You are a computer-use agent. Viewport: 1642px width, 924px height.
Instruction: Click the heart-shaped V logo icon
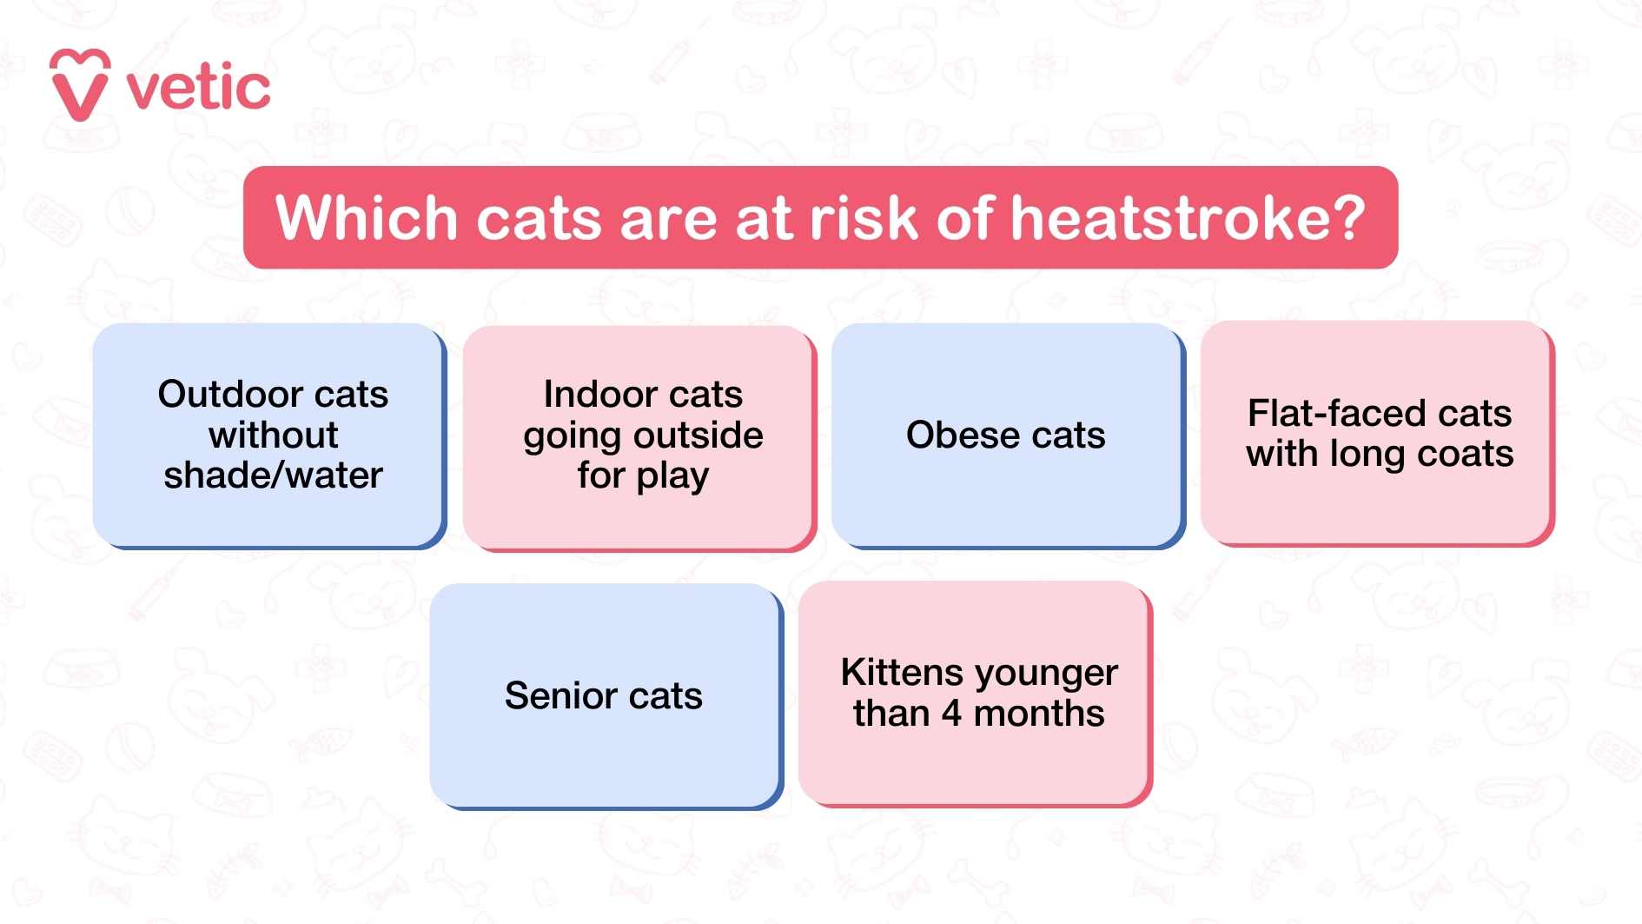[x=79, y=85]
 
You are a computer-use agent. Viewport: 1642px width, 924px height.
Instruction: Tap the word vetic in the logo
[x=198, y=88]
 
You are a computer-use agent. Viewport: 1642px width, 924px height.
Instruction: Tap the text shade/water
[x=273, y=475]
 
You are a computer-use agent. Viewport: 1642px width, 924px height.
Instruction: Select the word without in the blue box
[x=273, y=435]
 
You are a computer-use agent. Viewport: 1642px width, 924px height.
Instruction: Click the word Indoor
[x=594, y=395]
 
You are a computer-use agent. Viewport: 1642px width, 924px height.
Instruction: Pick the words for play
[x=643, y=475]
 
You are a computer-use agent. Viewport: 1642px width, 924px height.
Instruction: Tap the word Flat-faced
[x=1331, y=414]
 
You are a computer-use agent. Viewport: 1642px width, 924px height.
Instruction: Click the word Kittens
[x=902, y=673]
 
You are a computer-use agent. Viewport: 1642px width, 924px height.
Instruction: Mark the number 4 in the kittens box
[x=951, y=714]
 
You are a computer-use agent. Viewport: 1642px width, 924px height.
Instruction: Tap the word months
[x=1039, y=714]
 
